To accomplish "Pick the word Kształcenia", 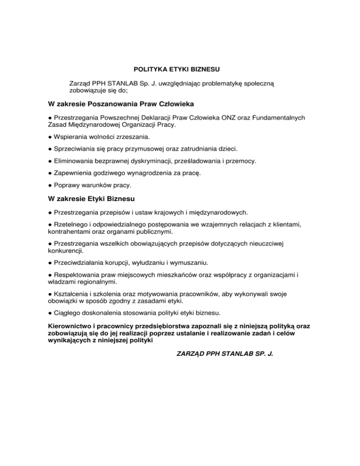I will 73,293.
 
